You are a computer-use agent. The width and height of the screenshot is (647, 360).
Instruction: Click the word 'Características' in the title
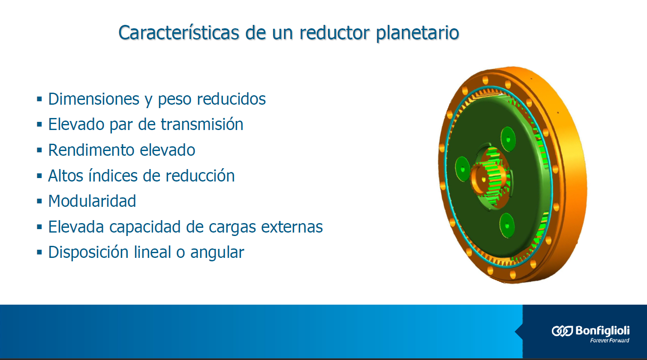[179, 32]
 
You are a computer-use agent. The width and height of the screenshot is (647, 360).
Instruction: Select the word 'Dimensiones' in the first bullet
[94, 99]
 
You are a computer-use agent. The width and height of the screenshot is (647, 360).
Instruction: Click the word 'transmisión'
[202, 124]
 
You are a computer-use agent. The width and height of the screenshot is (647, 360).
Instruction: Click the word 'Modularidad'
[92, 201]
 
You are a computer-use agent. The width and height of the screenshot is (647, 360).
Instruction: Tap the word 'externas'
[292, 227]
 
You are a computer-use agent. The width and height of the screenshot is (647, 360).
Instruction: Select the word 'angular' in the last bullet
[217, 253]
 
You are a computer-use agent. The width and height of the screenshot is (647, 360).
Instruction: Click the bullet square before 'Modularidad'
[39, 201]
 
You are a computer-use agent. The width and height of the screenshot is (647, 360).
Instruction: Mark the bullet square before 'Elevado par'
[39, 124]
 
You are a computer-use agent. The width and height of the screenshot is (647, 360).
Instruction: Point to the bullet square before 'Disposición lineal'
[39, 252]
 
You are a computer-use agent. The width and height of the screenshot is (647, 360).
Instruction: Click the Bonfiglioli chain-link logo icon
[562, 331]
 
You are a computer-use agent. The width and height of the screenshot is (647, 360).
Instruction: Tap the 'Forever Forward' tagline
[609, 341]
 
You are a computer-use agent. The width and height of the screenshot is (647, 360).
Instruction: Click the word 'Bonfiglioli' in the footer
[602, 330]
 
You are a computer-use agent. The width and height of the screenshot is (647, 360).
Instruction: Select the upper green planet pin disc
[508, 139]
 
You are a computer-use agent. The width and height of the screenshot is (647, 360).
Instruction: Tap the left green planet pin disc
[463, 169]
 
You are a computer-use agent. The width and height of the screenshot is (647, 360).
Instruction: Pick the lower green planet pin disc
[507, 225]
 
